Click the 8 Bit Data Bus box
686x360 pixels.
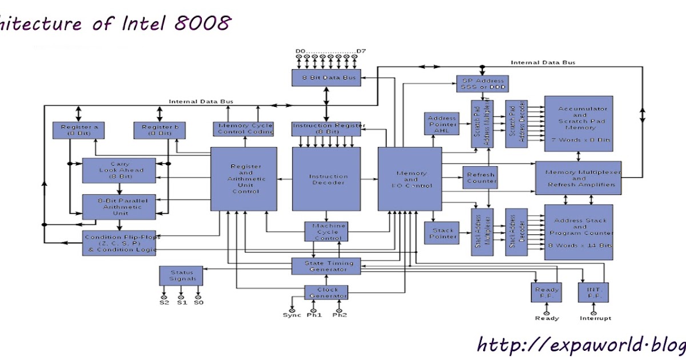click(326, 78)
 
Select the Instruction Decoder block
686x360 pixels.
click(326, 179)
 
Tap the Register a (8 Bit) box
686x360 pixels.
click(79, 130)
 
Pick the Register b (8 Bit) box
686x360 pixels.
click(161, 130)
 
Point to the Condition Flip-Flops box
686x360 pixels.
click(122, 243)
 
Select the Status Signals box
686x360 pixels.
click(181, 275)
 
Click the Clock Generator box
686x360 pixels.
click(326, 292)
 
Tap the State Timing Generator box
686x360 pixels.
click(326, 266)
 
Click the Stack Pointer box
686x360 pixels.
click(442, 233)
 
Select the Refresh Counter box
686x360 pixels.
click(479, 178)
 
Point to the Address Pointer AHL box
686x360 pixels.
click(442, 124)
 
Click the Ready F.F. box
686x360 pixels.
click(547, 293)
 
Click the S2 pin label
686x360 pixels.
click(165, 302)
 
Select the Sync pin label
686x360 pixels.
click(292, 315)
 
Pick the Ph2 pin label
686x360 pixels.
click(340, 315)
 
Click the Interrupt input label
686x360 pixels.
click(595, 318)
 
